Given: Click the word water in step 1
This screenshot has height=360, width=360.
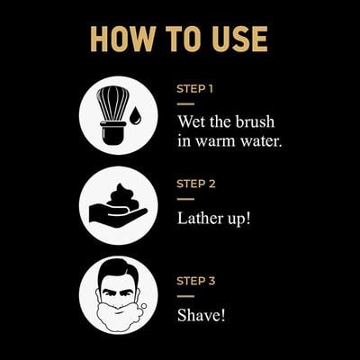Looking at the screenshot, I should tap(260, 142).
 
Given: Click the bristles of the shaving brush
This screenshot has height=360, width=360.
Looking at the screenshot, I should tap(111, 104).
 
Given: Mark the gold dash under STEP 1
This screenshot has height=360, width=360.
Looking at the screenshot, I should tap(184, 103).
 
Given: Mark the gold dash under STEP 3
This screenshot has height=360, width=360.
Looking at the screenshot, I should tap(184, 294).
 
